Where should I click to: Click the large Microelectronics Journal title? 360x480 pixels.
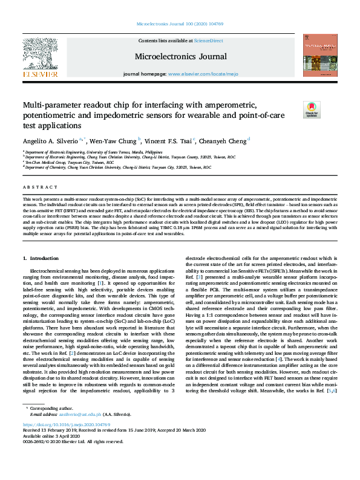[180, 57]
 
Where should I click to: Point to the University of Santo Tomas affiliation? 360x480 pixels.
[93, 152]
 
